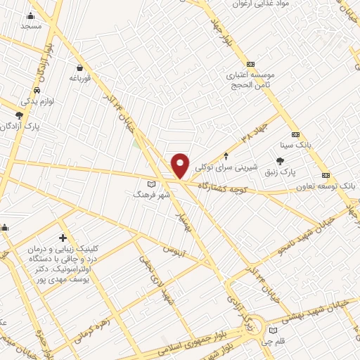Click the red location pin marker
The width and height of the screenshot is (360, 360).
(181, 165)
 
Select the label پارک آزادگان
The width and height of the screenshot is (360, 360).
(39, 126)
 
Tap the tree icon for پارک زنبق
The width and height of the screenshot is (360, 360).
(290, 161)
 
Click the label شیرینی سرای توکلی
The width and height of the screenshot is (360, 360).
(225, 167)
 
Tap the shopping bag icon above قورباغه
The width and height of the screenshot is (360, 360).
(81, 68)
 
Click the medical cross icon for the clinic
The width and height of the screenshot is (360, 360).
(63, 238)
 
